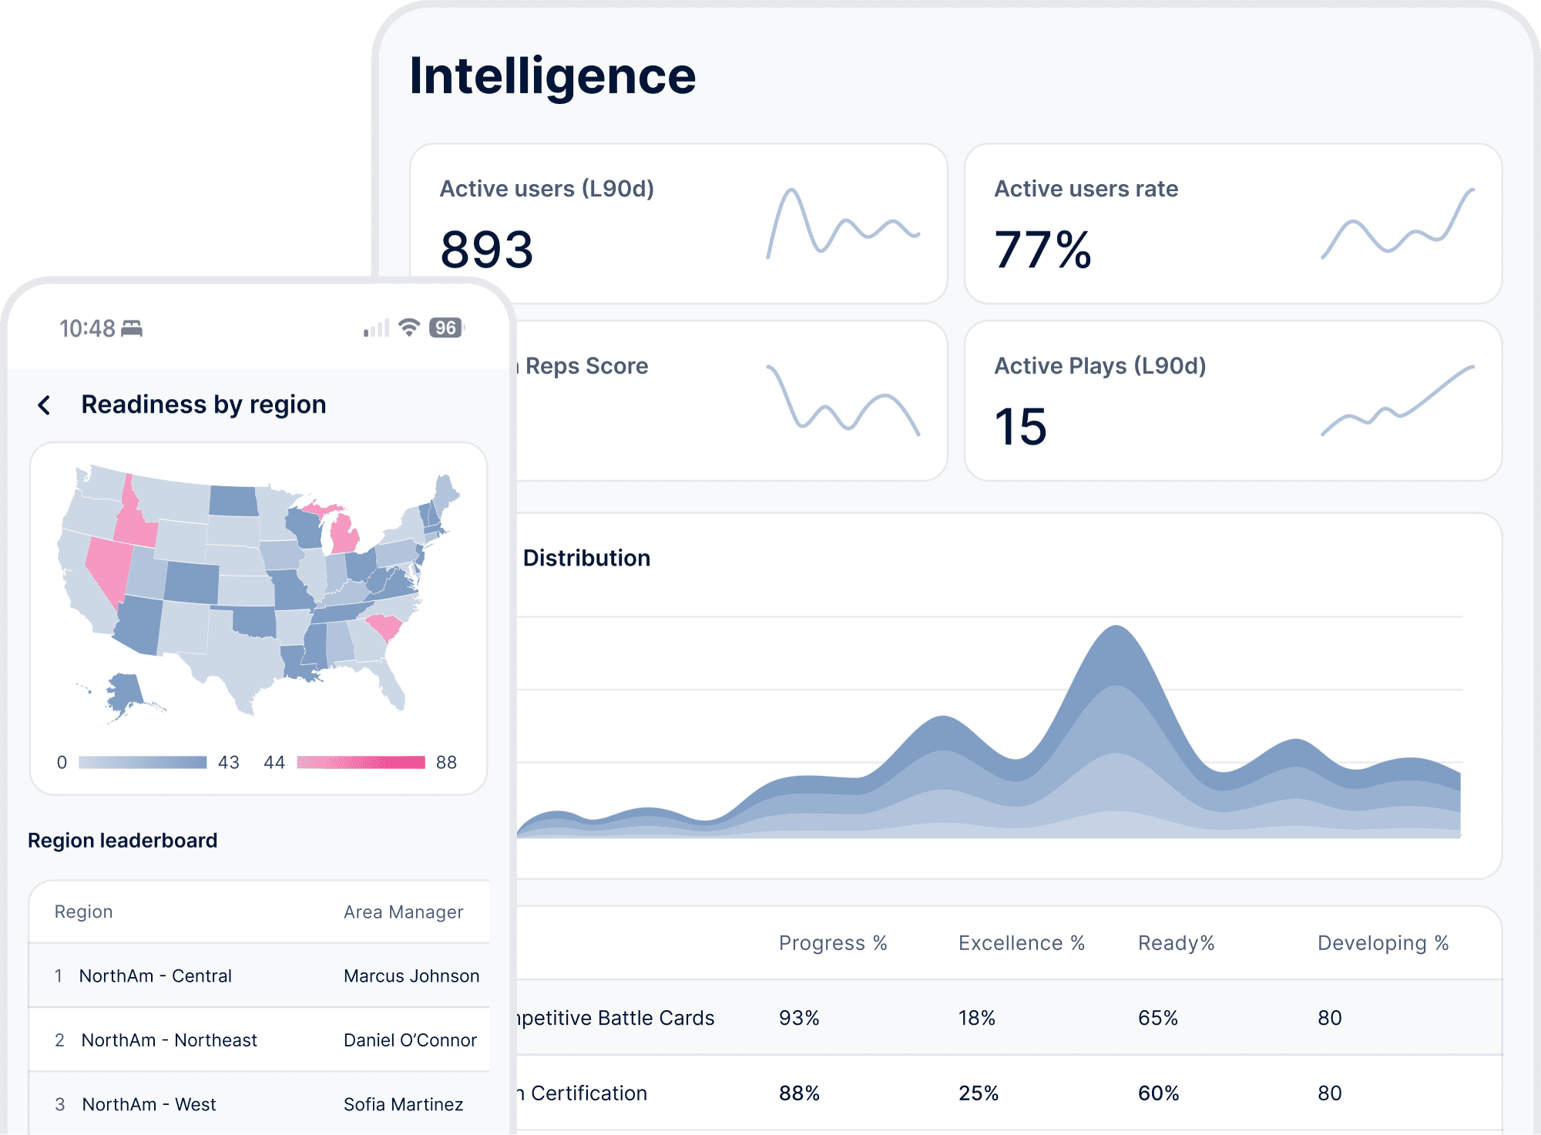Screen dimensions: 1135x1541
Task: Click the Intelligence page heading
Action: (552, 77)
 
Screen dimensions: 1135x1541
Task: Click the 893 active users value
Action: (486, 250)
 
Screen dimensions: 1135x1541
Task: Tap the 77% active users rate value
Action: (1042, 250)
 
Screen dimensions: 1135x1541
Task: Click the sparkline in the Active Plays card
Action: (1397, 401)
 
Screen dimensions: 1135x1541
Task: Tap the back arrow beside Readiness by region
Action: (45, 405)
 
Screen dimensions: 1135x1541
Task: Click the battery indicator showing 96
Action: (445, 327)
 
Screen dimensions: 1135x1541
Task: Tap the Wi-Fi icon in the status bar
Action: (409, 327)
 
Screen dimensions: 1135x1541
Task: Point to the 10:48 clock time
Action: (87, 329)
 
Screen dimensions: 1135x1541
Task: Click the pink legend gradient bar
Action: (361, 762)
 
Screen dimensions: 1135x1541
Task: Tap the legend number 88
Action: (446, 762)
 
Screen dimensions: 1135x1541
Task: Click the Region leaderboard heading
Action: (123, 840)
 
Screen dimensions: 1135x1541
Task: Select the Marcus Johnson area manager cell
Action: (411, 975)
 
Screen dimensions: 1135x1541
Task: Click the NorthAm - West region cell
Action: (149, 1104)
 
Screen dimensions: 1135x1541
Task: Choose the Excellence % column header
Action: (1021, 943)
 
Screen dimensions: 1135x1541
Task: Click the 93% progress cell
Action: (799, 1018)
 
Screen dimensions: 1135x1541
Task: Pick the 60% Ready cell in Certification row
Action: (1158, 1093)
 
